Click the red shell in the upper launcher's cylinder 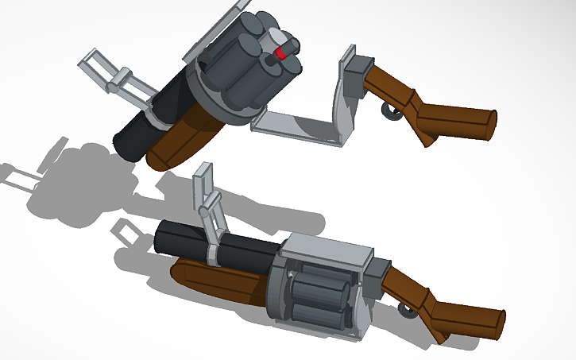click(x=280, y=54)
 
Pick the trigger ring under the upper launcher click(x=392, y=111)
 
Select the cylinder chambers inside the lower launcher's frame click(x=318, y=298)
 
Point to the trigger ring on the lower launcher click(x=408, y=306)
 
